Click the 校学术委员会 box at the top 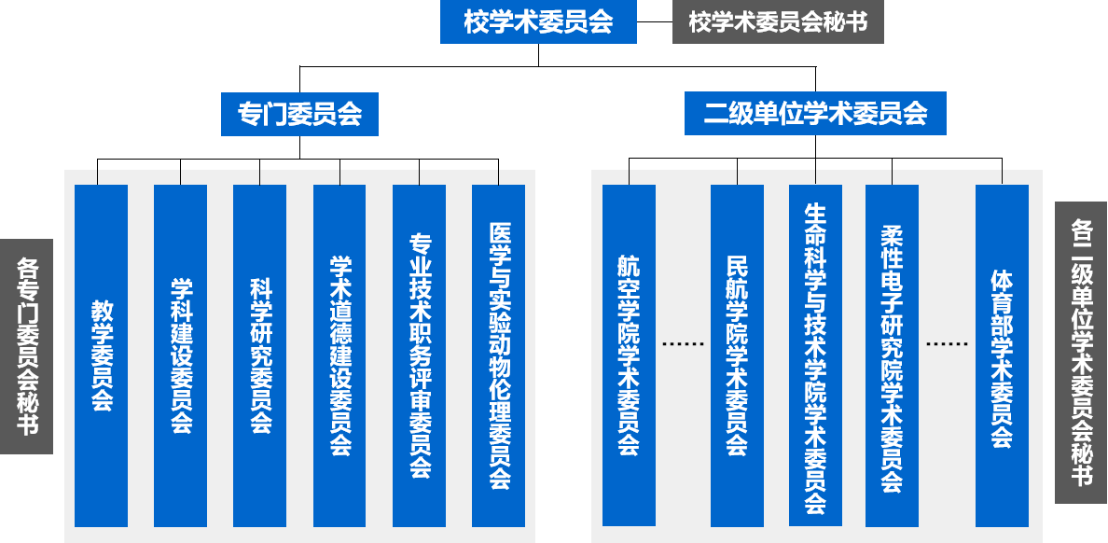click(538, 22)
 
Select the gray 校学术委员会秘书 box click(778, 22)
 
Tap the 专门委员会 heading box click(299, 114)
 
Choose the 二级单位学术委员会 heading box click(815, 114)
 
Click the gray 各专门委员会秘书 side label click(26, 346)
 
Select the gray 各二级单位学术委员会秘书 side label click(1081, 353)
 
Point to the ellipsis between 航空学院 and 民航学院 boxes click(683, 343)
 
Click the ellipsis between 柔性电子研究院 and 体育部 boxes click(947, 343)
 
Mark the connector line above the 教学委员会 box click(97, 177)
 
